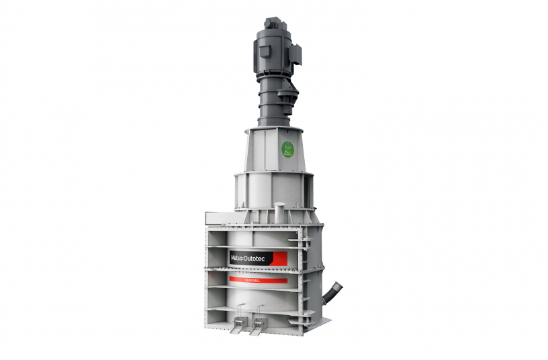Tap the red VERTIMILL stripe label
[258, 279]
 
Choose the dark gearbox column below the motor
[272, 107]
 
